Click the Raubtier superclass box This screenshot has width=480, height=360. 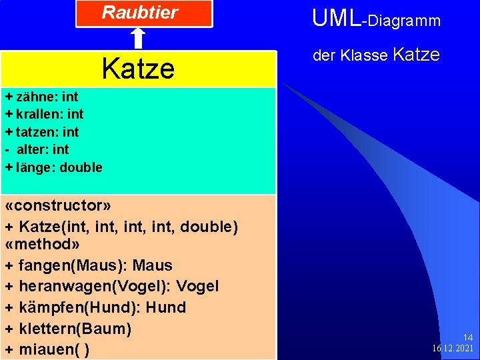143,13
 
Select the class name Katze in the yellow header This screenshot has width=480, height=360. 138,68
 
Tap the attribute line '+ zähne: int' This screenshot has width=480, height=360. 41,97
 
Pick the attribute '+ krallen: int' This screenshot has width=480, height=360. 44,114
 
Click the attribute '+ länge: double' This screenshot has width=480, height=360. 53,167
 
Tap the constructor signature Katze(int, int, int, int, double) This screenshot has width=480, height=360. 121,227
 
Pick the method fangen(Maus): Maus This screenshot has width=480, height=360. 89,265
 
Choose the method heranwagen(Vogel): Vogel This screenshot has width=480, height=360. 111,287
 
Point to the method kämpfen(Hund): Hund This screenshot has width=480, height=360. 95,307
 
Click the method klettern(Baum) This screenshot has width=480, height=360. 68,329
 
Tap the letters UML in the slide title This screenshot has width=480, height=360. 335,19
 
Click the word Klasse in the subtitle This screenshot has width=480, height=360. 364,56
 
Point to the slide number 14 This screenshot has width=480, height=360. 467,338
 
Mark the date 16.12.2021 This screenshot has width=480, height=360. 453,349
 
